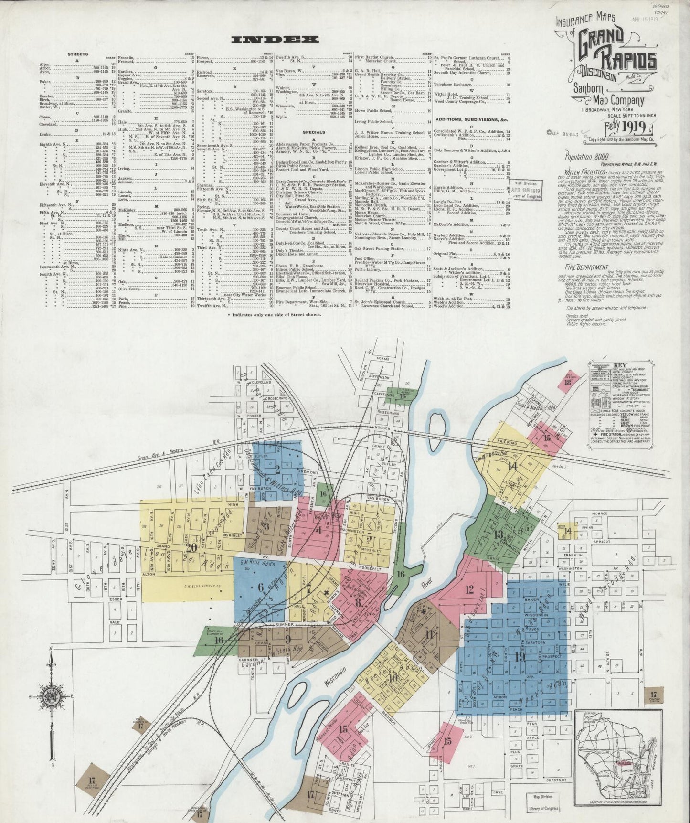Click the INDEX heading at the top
tap(274, 40)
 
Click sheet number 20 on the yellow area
tap(193, 548)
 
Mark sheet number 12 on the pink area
tap(469, 589)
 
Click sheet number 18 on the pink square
tap(568, 382)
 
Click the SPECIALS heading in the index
tap(314, 132)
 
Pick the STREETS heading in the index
tap(77, 54)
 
